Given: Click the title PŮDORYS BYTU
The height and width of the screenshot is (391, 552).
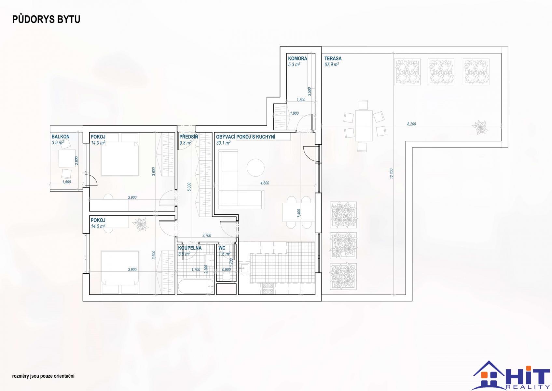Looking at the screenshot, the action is pyautogui.click(x=46, y=20).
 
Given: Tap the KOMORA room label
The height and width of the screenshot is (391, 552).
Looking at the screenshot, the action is pyautogui.click(x=297, y=58).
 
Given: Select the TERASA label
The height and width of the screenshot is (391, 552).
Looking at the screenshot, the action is pyautogui.click(x=333, y=58).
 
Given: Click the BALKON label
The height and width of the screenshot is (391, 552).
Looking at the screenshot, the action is pyautogui.click(x=61, y=137).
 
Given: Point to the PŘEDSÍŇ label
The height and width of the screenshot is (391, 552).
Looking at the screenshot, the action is pyautogui.click(x=188, y=137).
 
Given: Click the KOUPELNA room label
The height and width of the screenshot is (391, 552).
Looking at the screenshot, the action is pyautogui.click(x=190, y=248).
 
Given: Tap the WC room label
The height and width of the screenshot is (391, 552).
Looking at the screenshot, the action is pyautogui.click(x=222, y=248).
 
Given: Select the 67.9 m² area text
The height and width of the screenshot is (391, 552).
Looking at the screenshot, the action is pyautogui.click(x=331, y=65).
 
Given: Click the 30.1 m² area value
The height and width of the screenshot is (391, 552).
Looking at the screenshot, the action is pyautogui.click(x=223, y=143).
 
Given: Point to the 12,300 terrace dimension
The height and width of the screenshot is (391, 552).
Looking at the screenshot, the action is pyautogui.click(x=392, y=174).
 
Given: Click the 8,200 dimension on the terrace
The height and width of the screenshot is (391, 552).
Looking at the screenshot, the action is pyautogui.click(x=411, y=124).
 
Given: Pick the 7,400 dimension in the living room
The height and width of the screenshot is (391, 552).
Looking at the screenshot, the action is pyautogui.click(x=299, y=213).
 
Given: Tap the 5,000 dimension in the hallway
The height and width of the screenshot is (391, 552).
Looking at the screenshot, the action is pyautogui.click(x=189, y=187).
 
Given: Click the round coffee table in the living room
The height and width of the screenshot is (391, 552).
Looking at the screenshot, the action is pyautogui.click(x=255, y=168).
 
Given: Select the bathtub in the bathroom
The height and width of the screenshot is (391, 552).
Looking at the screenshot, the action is pyautogui.click(x=196, y=286).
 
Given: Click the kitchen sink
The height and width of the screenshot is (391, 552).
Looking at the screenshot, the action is pyautogui.click(x=244, y=268).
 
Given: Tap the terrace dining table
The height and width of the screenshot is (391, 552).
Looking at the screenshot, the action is pyautogui.click(x=364, y=125).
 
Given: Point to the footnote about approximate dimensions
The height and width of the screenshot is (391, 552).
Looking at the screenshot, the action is pyautogui.click(x=43, y=376).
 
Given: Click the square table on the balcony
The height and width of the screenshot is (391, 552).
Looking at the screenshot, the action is pyautogui.click(x=67, y=158).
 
